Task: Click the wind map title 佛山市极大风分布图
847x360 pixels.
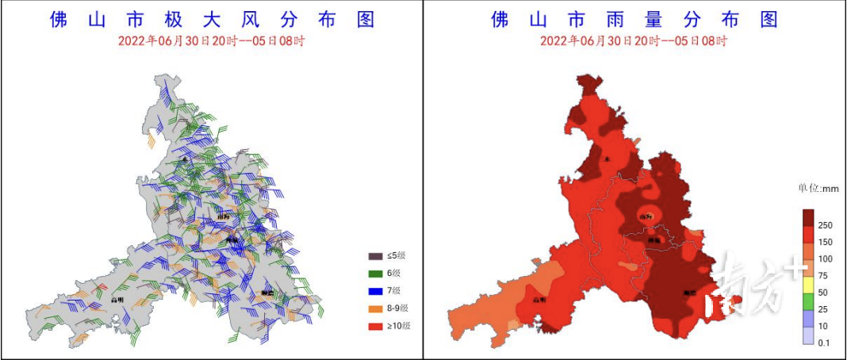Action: point(212,20)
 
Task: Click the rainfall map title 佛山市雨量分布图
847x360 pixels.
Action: point(634,20)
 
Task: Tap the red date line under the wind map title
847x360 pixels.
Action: point(212,41)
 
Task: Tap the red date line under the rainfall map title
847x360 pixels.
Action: point(634,41)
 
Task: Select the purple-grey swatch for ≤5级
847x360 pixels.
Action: point(375,256)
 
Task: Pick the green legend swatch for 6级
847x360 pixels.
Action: point(375,274)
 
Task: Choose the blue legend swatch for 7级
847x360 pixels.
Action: point(375,291)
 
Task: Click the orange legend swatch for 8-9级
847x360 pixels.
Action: point(375,308)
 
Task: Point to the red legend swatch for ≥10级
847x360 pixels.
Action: point(375,326)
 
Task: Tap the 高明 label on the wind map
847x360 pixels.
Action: point(117,300)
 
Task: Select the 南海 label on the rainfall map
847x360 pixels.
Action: point(647,216)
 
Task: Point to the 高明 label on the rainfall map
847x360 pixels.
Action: point(538,300)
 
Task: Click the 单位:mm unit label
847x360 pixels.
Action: point(818,189)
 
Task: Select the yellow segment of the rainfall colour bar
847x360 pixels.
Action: point(809,284)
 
